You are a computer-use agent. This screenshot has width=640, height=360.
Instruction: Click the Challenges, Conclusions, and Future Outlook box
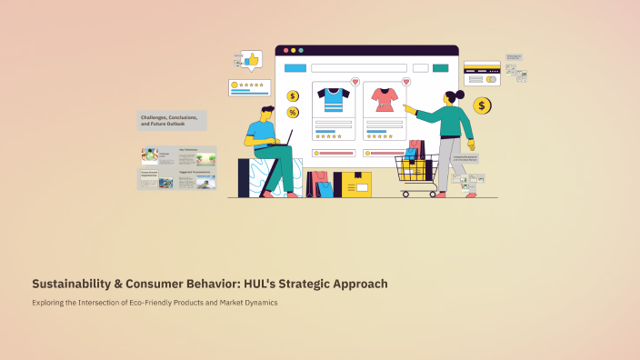click(x=172, y=120)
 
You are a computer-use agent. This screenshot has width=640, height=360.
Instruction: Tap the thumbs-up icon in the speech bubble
click(x=251, y=59)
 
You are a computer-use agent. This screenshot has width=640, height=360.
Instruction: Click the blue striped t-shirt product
click(x=333, y=99)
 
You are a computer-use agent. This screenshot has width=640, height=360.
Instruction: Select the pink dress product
click(x=384, y=99)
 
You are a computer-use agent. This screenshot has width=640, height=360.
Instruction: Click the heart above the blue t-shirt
click(x=355, y=82)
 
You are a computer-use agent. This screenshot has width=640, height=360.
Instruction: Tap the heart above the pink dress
click(x=405, y=82)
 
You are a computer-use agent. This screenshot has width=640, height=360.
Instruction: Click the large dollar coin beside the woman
click(x=482, y=106)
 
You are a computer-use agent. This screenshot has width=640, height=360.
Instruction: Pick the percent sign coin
click(x=293, y=112)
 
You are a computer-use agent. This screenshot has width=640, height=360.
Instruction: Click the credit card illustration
click(x=482, y=73)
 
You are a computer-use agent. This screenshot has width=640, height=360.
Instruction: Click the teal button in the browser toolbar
click(x=441, y=68)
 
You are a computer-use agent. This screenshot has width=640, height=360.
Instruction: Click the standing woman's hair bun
click(x=460, y=94)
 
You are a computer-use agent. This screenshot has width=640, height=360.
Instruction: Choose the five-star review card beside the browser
click(x=249, y=87)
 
